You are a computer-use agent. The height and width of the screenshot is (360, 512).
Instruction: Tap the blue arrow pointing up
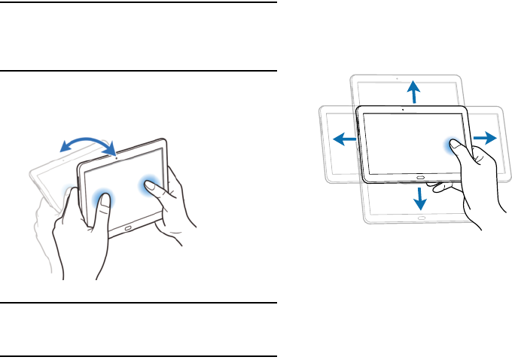tap(413, 93)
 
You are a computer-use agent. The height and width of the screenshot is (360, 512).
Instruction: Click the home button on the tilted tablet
tap(129, 227)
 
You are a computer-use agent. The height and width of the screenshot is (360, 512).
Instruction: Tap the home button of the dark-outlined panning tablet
tap(419, 175)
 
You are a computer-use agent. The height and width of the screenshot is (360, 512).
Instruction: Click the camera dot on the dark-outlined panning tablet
tap(404, 110)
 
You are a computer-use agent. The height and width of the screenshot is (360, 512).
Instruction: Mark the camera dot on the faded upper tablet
tap(397, 78)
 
